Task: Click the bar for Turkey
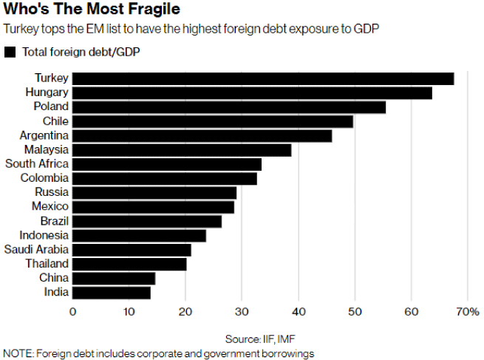263,78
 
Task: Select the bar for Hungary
252,92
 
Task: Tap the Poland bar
229,107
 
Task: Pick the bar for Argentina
202,135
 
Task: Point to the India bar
112,292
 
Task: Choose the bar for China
114,278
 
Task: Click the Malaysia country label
47,149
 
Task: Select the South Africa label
37,163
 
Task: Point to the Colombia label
45,178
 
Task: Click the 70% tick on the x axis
468,312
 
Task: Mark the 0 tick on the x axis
72,312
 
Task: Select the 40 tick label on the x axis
299,312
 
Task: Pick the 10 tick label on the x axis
129,312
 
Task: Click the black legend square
10,52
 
